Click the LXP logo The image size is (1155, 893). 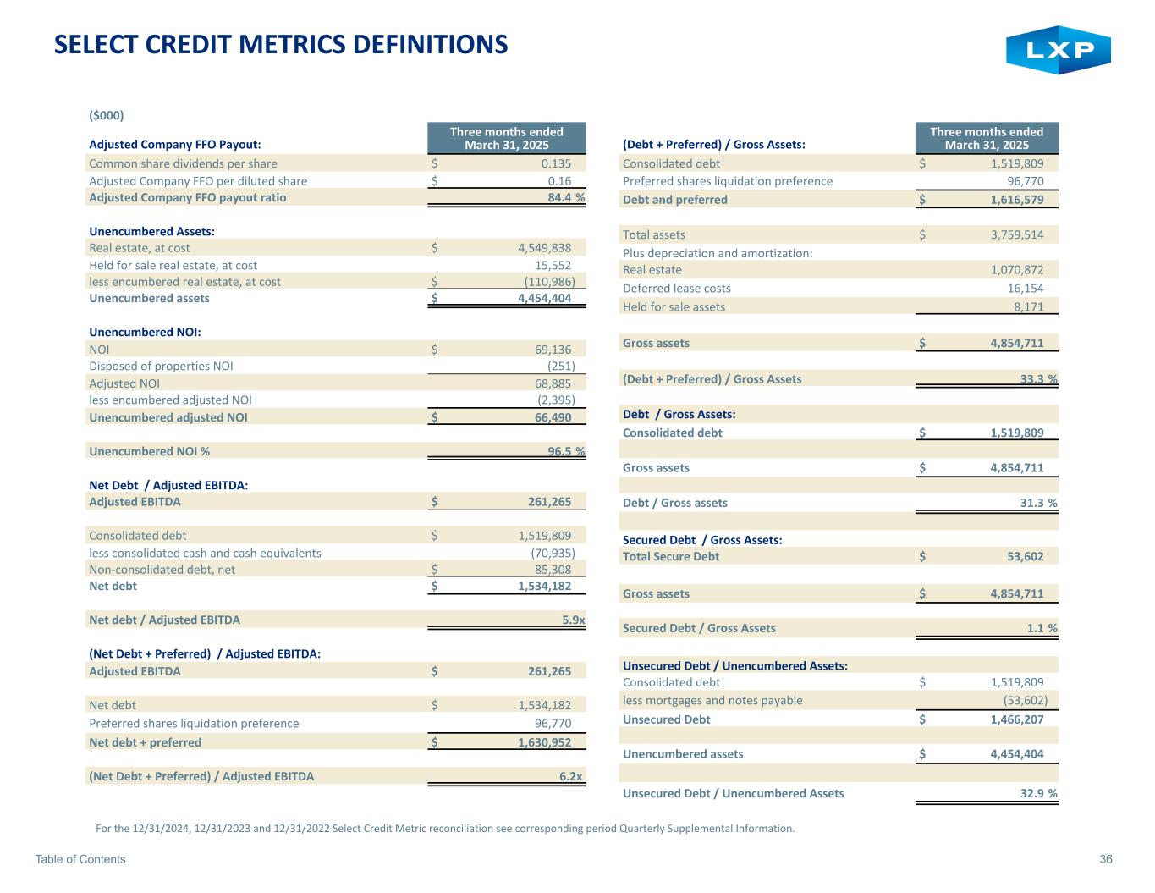[1058, 50]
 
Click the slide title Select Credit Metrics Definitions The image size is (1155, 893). [281, 44]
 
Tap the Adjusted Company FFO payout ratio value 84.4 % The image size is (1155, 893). [566, 197]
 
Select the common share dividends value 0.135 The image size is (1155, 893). [556, 163]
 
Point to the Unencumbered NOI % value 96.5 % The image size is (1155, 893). [566, 451]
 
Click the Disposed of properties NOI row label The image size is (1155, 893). [161, 366]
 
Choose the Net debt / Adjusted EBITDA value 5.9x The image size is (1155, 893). [573, 620]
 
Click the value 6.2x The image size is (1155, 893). [573, 776]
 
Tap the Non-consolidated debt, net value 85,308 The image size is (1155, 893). [553, 570]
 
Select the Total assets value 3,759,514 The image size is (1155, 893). [1009, 234]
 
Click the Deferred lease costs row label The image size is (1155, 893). [676, 288]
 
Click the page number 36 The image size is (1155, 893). [1105, 859]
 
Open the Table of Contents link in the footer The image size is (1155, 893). [80, 859]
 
